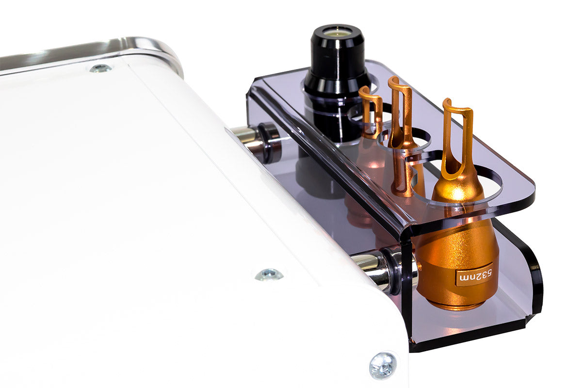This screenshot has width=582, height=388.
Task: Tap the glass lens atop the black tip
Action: (337, 32)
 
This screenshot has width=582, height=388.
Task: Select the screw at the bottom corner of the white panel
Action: (383, 366)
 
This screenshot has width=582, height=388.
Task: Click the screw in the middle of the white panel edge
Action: (269, 275)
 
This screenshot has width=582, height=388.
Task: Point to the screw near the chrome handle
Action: (101, 68)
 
